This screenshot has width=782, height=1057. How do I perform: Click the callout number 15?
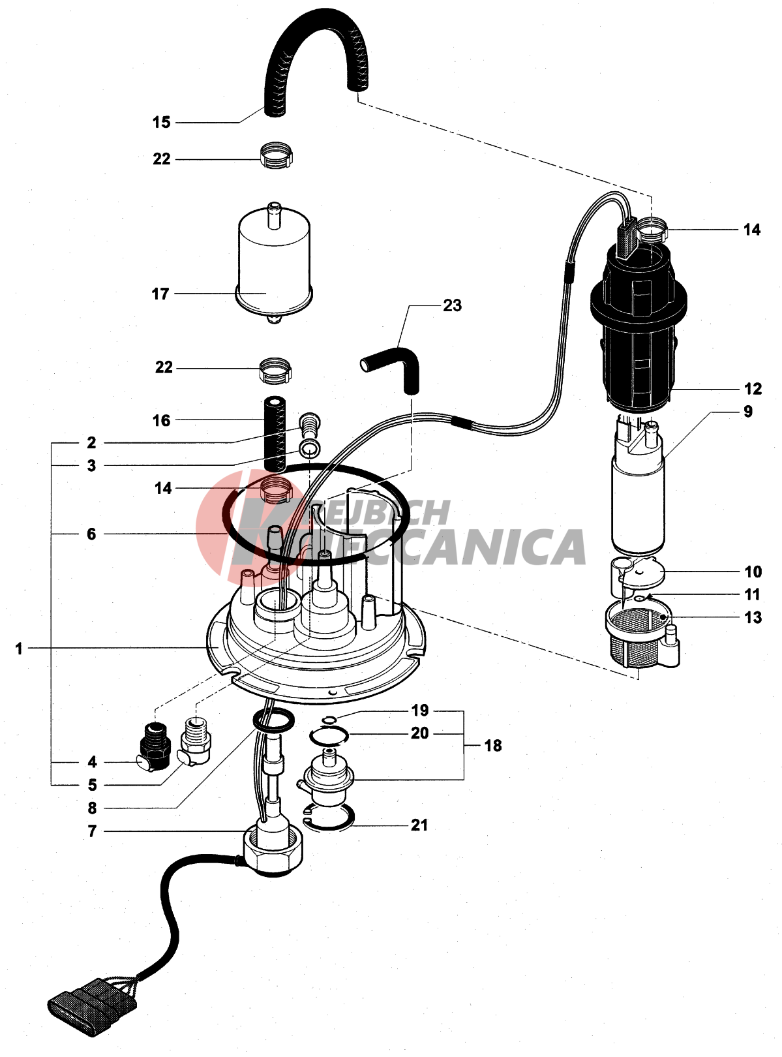tap(161, 122)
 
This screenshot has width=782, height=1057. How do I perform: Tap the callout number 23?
tap(452, 305)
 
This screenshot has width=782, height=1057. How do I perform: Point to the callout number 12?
tap(753, 389)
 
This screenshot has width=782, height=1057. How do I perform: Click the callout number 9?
tap(748, 412)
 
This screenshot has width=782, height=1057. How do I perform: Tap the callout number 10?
tap(753, 572)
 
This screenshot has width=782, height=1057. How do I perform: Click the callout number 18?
tap(493, 746)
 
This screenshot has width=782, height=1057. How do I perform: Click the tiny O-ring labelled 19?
tap(330, 720)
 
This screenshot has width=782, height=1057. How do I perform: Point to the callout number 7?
tap(92, 831)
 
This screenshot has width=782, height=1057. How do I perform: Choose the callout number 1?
tap(19, 649)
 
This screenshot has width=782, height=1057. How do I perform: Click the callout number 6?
tap(91, 534)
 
